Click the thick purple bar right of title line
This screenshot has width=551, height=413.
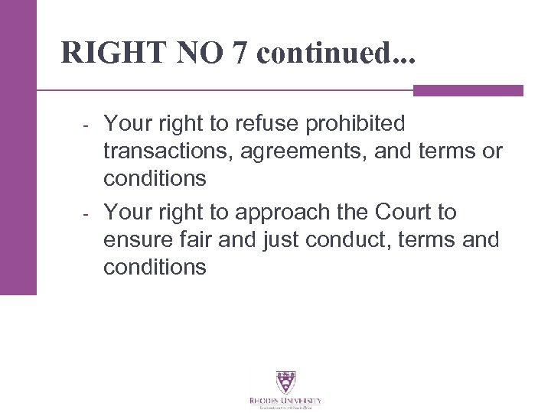click(468, 90)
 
